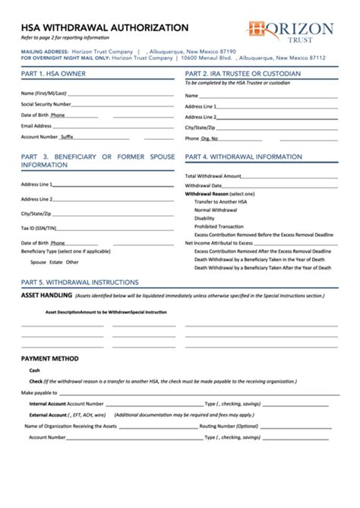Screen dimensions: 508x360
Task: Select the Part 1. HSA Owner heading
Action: tap(53, 74)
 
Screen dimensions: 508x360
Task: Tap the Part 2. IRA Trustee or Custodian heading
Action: tap(243, 74)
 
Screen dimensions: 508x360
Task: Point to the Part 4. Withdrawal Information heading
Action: tap(245, 156)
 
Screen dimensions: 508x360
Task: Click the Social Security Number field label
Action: tap(46, 104)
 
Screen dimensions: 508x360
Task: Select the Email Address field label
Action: tap(36, 125)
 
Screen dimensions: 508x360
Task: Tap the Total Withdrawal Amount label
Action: tap(213, 175)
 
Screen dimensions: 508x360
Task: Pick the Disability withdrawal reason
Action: tap(204, 218)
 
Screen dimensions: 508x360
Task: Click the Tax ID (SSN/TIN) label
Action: tap(39, 228)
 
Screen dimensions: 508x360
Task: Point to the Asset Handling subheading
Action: tap(46, 295)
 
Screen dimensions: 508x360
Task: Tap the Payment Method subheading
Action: tap(50, 358)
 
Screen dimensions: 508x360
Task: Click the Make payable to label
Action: tap(39, 393)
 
